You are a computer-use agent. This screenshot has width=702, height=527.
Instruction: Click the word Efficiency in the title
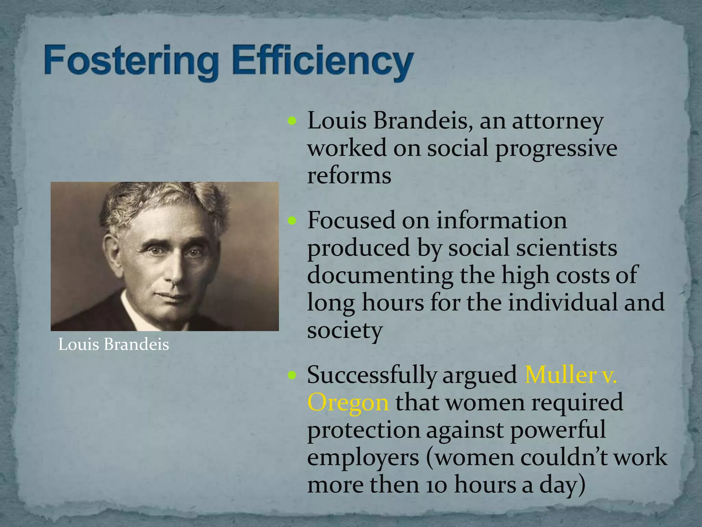click(x=322, y=62)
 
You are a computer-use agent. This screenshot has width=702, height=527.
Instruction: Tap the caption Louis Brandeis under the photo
click(x=113, y=344)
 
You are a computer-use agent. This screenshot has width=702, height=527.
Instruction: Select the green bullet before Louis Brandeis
click(x=292, y=121)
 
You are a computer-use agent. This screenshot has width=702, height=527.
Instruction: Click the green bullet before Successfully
click(x=292, y=375)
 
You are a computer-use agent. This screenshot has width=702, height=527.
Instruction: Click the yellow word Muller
click(x=561, y=375)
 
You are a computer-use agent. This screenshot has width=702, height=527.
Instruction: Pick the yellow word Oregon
click(x=348, y=402)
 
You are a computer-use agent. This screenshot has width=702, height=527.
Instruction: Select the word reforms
click(x=349, y=176)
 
